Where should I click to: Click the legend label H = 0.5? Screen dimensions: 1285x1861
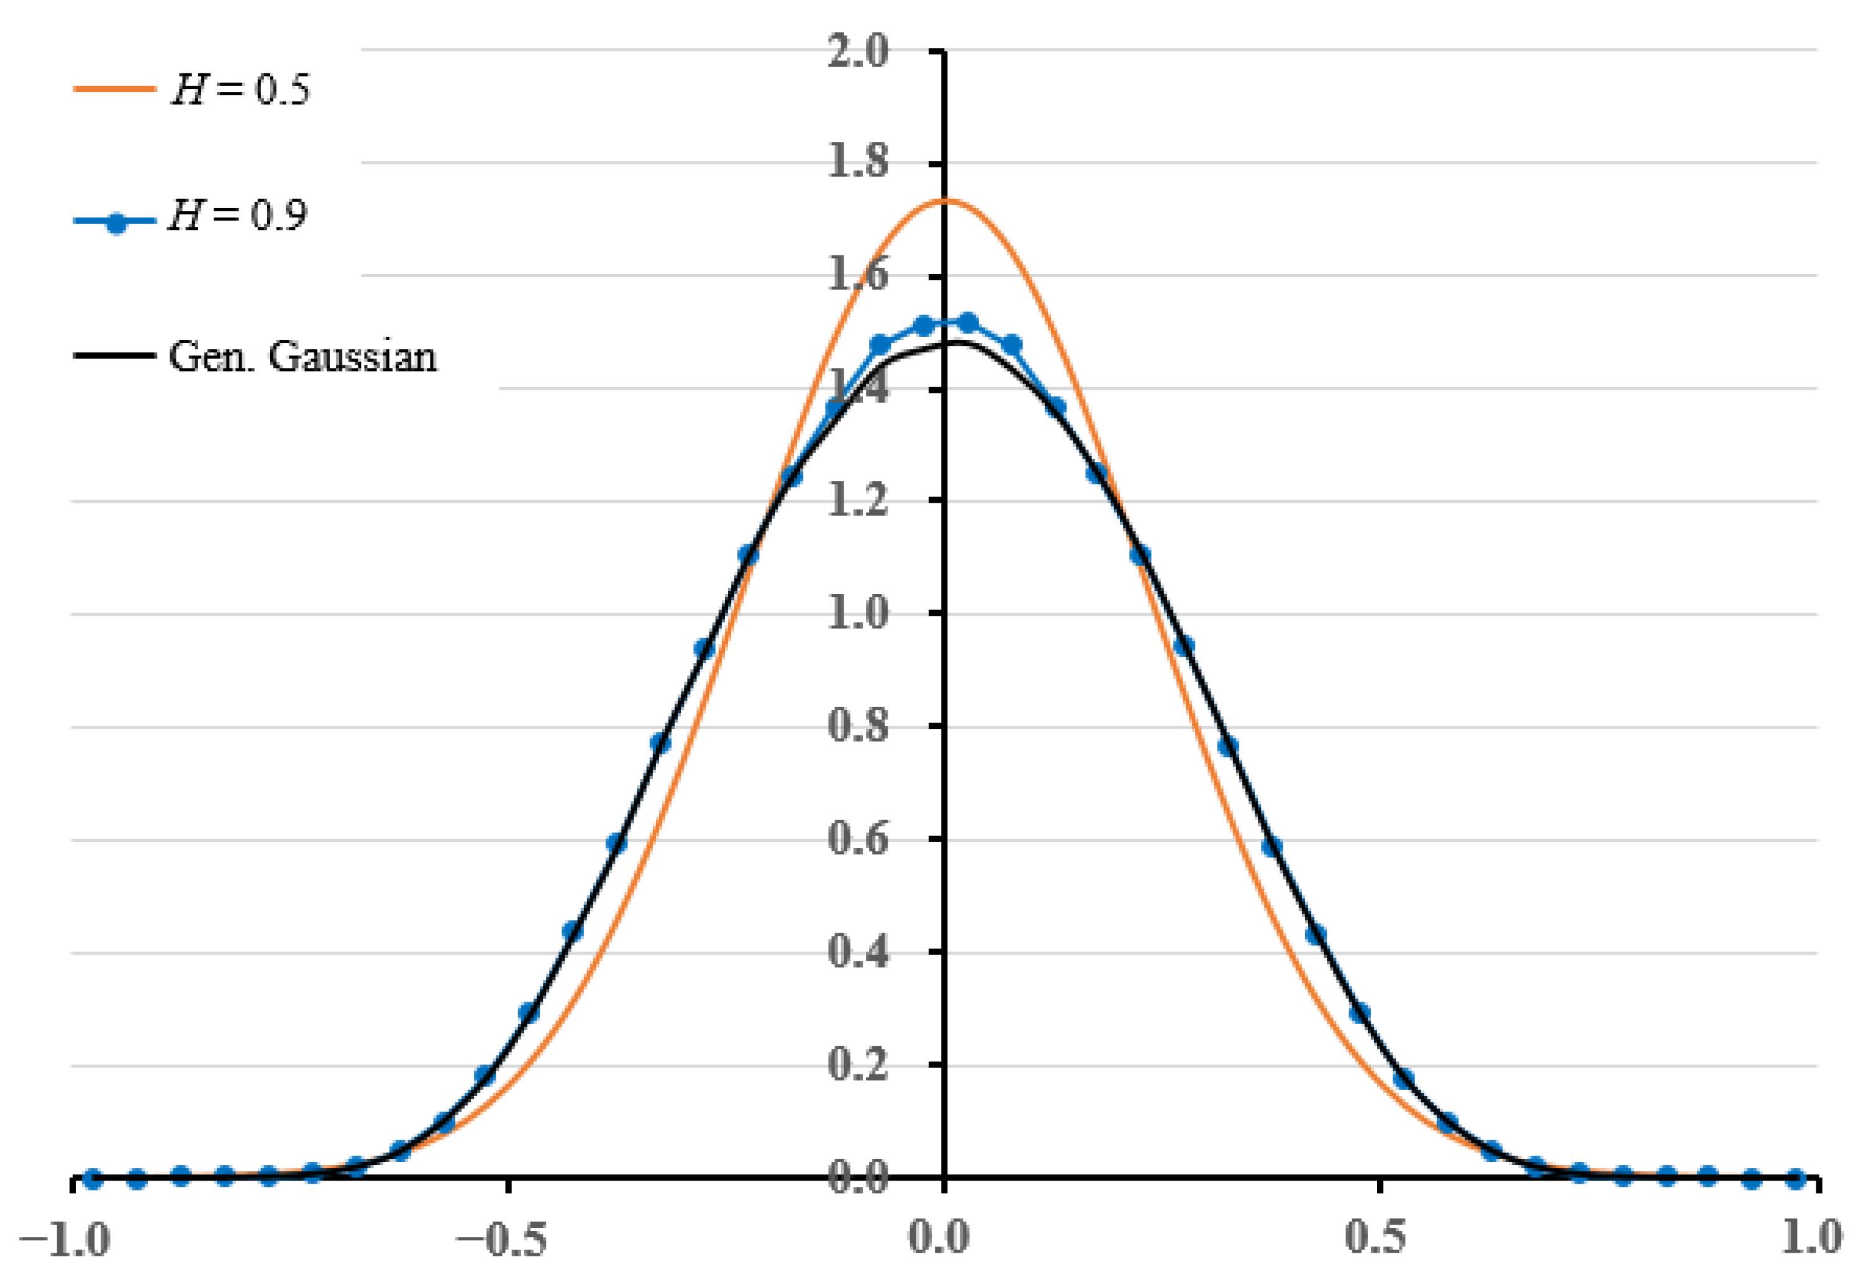(x=240, y=89)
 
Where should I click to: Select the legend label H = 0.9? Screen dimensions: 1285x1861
(x=237, y=216)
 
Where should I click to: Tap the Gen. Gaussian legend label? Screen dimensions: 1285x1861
(x=303, y=357)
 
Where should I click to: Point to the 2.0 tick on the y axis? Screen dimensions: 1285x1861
(x=858, y=52)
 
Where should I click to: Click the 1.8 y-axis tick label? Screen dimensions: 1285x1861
(x=858, y=163)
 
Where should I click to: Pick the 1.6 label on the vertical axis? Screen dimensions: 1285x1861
(x=858, y=276)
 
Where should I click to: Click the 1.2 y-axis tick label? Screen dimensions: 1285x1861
(x=858, y=501)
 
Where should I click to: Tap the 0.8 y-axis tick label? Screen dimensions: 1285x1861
(x=858, y=726)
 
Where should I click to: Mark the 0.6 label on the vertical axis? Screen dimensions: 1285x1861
(x=858, y=839)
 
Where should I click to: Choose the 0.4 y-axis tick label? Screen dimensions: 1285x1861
(x=858, y=953)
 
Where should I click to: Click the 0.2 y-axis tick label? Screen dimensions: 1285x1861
(x=858, y=1065)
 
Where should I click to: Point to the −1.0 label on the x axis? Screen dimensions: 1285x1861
(x=65, y=1238)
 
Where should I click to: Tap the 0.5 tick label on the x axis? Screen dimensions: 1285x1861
(x=1376, y=1238)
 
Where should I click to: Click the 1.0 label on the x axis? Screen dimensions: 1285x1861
(x=1811, y=1238)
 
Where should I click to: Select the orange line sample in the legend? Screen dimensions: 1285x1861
(x=114, y=89)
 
